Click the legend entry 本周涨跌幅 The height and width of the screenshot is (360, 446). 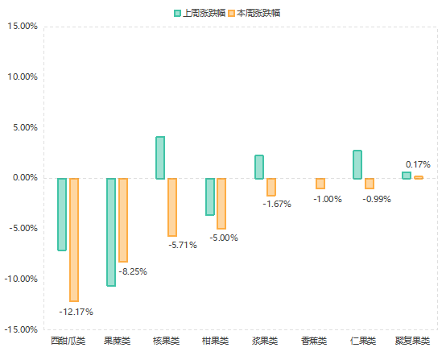pyautogui.click(x=254, y=13)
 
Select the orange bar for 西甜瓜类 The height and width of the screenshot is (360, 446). pyautogui.click(x=74, y=239)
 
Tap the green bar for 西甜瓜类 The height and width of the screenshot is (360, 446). pyautogui.click(x=62, y=214)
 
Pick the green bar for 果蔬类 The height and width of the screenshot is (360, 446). pyautogui.click(x=111, y=232)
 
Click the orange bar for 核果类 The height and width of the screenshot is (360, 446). pyautogui.click(x=172, y=207)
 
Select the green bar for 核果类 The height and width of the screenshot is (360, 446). pyautogui.click(x=160, y=157)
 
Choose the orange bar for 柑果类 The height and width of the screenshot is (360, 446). pyautogui.click(x=221, y=203)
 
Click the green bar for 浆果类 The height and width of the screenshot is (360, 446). pyautogui.click(x=259, y=167)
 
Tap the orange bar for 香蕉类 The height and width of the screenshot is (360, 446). pyautogui.click(x=320, y=183)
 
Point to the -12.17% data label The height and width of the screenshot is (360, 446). pyautogui.click(x=76, y=312)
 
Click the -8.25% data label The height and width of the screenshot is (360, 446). pyautogui.click(x=133, y=271)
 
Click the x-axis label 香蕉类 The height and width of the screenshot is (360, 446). pyautogui.click(x=314, y=341)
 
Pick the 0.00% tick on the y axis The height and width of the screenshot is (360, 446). pyautogui.click(x=24, y=178)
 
